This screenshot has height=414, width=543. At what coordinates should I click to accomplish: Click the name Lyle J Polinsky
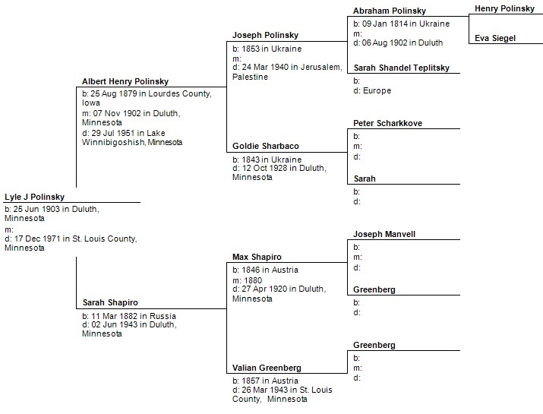pyautogui.click(x=35, y=197)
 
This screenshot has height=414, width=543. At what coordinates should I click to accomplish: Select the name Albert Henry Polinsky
pyautogui.click(x=125, y=81)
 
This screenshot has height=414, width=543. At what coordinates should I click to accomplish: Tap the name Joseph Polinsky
pyautogui.click(x=265, y=35)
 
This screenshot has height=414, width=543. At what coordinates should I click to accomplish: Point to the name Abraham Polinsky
pyautogui.click(x=390, y=11)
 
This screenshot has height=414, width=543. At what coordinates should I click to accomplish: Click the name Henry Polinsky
pyautogui.click(x=504, y=8)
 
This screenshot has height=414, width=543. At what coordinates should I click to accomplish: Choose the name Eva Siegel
pyautogui.click(x=495, y=38)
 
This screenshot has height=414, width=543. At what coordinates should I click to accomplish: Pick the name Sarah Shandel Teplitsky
pyautogui.click(x=402, y=68)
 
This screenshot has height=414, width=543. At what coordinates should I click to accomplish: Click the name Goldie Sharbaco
pyautogui.click(x=266, y=146)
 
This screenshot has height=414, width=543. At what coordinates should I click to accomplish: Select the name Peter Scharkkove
pyautogui.click(x=388, y=123)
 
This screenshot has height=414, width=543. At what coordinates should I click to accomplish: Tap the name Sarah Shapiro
pyautogui.click(x=110, y=302)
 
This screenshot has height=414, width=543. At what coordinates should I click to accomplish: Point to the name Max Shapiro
pyautogui.click(x=257, y=257)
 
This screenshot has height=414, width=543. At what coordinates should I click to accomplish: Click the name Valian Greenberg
pyautogui.click(x=267, y=368)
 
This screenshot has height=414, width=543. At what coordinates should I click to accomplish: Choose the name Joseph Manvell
pyautogui.click(x=384, y=234)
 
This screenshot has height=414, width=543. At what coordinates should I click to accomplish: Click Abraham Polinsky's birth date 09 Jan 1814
pyautogui.click(x=385, y=24)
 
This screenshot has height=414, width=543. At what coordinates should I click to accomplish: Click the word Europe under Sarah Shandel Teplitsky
pyautogui.click(x=377, y=90)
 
